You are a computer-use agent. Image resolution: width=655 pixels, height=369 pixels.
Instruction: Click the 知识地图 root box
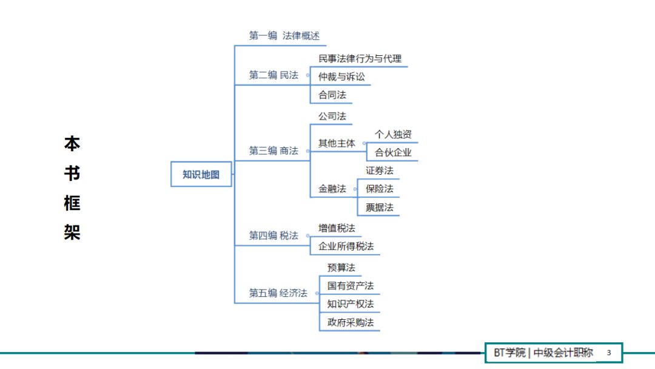coord(201,174)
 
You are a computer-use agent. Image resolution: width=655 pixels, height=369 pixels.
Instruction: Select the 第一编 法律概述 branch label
coord(284,36)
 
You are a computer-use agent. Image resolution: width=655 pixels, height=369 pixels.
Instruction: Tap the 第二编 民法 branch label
coord(274,75)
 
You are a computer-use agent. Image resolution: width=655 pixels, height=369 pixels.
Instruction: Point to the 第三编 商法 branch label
coord(274,151)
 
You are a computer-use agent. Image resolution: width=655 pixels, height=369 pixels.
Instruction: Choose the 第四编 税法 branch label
coord(274,235)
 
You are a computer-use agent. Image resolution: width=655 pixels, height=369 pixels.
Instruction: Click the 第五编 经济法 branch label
coord(278,293)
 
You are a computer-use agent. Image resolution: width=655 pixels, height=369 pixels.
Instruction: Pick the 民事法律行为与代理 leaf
coord(360,59)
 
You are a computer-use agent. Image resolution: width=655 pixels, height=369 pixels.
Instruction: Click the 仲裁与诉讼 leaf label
coord(341,77)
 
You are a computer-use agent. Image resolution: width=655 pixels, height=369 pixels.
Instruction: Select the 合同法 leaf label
coord(332,95)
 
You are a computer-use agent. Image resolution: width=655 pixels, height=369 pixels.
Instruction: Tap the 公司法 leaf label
coord(332,116)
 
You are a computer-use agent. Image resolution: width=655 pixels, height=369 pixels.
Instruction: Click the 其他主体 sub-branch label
coord(337,144)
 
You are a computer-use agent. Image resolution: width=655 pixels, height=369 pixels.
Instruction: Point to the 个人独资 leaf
coord(393,134)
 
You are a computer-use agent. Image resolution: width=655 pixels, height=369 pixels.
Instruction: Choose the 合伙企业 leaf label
coord(393,152)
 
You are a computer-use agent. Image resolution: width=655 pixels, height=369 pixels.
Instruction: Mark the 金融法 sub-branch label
coord(332,189)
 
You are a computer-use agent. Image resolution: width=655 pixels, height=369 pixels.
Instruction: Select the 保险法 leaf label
coord(379,189)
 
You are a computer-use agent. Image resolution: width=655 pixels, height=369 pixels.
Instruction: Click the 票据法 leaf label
coord(379,208)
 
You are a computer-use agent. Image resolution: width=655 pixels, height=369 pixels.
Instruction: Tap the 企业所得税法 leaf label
coord(346,246)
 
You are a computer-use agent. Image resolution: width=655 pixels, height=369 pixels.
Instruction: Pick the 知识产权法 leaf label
coord(351,303)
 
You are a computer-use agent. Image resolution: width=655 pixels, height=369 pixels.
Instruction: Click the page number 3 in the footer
coord(609,353)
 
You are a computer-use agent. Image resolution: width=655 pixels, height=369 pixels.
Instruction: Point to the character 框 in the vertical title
coord(72,203)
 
